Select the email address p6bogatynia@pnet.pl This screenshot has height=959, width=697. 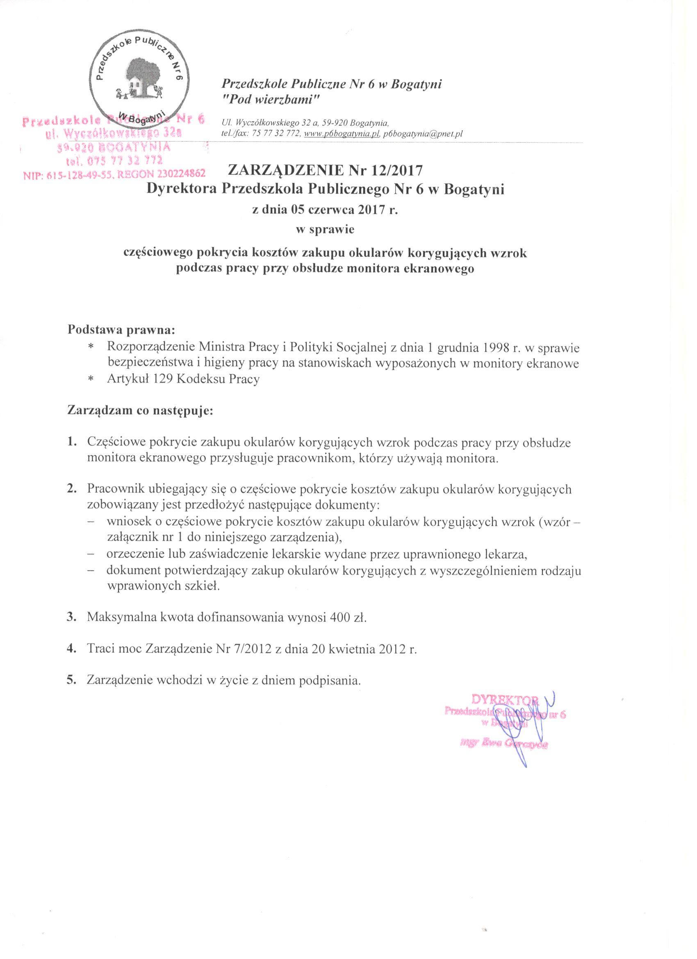point(423,134)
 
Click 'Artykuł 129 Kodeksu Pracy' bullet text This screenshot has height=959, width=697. point(183,379)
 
